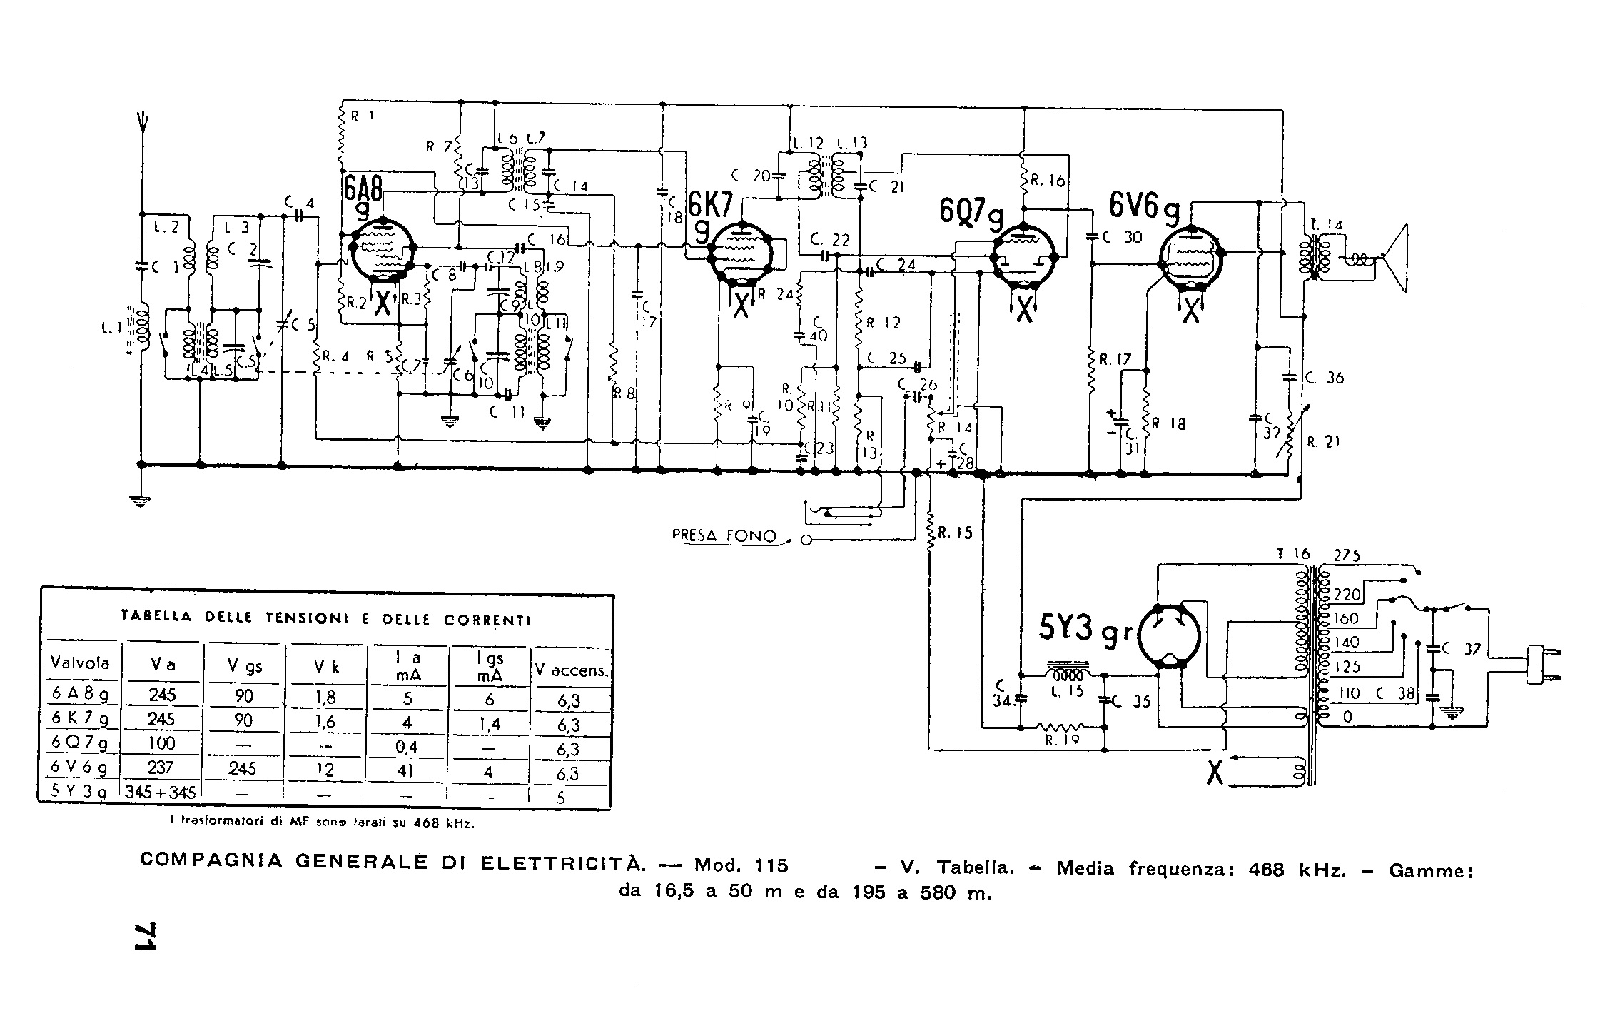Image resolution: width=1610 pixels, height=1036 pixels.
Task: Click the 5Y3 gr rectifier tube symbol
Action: coord(1168,636)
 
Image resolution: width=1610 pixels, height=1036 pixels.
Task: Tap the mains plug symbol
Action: coord(1541,665)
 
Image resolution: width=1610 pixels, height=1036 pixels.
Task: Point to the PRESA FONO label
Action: coord(724,536)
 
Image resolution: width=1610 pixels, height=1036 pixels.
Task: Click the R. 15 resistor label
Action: coord(956,533)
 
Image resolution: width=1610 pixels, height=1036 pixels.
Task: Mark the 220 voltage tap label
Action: coord(1346,594)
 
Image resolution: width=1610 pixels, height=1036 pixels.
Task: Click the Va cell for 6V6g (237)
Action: coord(162,768)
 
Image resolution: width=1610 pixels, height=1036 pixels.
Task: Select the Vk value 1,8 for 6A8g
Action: coord(325,697)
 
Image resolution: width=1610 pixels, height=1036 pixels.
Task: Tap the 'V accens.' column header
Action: coord(571,670)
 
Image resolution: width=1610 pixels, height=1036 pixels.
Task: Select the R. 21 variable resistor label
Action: coord(1322,442)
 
